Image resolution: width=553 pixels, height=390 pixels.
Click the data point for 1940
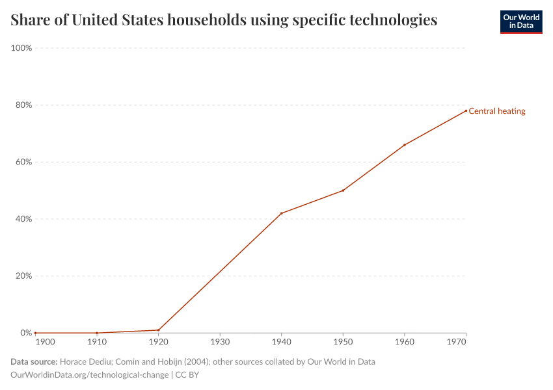tap(281, 213)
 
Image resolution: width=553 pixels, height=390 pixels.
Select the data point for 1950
tap(343, 190)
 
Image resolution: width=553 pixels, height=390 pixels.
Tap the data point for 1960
tap(405, 145)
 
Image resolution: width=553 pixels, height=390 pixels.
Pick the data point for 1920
tap(158, 330)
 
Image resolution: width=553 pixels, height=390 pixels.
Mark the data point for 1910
tap(97, 333)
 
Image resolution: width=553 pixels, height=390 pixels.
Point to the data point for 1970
tap(466, 110)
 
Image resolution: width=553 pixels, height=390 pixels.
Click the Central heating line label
tap(497, 111)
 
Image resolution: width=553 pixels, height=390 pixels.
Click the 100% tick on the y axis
tap(22, 48)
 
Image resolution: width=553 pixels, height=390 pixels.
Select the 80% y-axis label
tap(23, 105)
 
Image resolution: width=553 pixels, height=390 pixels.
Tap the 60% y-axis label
tap(23, 162)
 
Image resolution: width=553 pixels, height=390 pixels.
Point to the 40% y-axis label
tap(23, 219)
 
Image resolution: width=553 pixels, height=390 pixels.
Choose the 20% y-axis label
tap(23, 276)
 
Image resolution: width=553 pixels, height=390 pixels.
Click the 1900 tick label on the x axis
tap(45, 342)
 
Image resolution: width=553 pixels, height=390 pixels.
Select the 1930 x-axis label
tap(220, 342)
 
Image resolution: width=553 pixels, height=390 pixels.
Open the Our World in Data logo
tap(520, 21)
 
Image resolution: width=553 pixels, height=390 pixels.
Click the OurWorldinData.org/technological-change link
tap(89, 375)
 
